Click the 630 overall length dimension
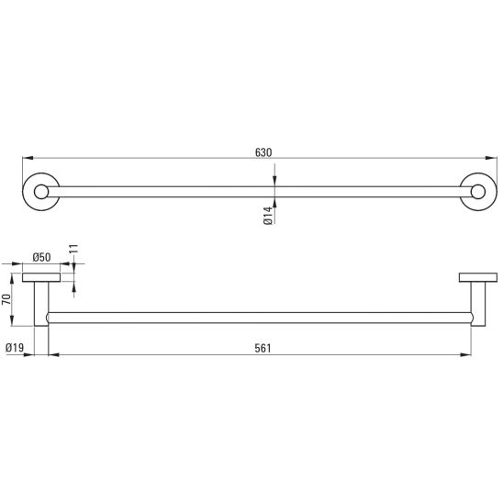(x=263, y=152)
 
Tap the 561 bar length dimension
(x=263, y=348)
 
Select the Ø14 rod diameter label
(x=268, y=216)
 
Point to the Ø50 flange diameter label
(x=41, y=257)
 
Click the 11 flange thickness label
(x=73, y=249)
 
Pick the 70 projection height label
(x=6, y=299)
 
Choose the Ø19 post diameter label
(x=15, y=347)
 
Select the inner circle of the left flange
(x=41, y=185)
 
